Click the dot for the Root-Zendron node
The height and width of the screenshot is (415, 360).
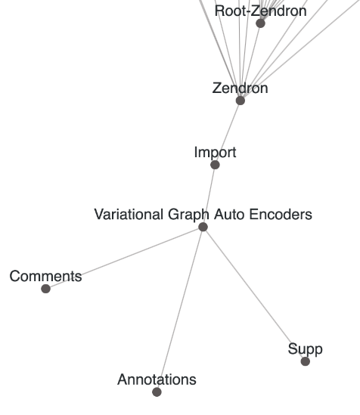[x=260, y=23]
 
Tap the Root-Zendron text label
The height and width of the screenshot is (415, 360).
[x=260, y=11]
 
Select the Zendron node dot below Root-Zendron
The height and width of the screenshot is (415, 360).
[x=241, y=101]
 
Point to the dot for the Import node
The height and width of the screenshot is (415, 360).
[x=215, y=165]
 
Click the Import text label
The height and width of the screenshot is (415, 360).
[x=215, y=153]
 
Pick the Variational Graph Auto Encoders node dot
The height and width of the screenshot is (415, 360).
[x=203, y=227]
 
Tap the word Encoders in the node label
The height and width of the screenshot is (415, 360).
[x=284, y=215]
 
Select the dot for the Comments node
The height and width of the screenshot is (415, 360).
[x=45, y=289]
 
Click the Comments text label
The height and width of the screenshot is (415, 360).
[x=45, y=277]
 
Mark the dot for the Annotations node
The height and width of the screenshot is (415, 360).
[x=157, y=392]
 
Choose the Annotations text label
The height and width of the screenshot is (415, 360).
[x=157, y=379]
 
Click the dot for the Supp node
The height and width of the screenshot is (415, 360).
[x=306, y=361]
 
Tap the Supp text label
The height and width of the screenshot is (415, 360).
[x=306, y=349]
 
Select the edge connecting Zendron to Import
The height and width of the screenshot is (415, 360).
[x=228, y=132]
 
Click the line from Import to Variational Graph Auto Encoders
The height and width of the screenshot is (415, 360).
[x=209, y=196]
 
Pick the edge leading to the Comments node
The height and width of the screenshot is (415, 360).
[x=124, y=258]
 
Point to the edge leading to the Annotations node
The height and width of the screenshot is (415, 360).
[x=180, y=309]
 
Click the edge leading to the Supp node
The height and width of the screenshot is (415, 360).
[x=254, y=294]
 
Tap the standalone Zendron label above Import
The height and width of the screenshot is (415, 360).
[x=240, y=88]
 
